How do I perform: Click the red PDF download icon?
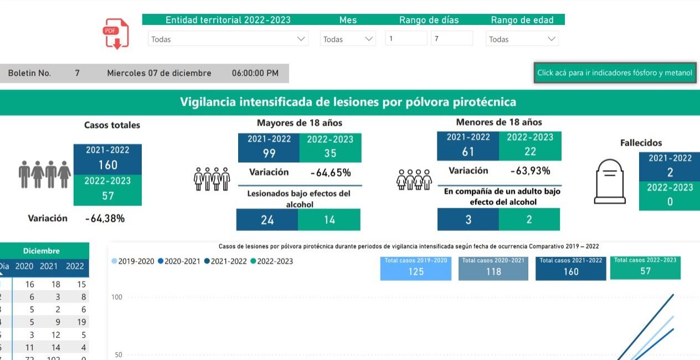click(x=116, y=34)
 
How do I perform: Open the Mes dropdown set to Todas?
click(x=348, y=39)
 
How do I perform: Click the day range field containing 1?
click(x=406, y=39)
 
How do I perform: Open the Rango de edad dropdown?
click(x=522, y=39)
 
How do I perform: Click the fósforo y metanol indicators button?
click(x=615, y=73)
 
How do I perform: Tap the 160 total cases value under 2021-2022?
click(x=107, y=165)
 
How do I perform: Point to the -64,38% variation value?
click(x=105, y=219)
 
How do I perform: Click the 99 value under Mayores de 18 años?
click(x=269, y=153)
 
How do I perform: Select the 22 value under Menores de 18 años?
click(x=530, y=151)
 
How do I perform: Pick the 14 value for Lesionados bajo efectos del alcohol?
click(x=330, y=220)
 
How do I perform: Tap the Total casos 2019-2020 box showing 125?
click(x=416, y=268)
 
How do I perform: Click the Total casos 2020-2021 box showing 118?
click(x=493, y=268)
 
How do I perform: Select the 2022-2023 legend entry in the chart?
click(x=272, y=261)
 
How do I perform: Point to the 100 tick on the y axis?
click(x=116, y=297)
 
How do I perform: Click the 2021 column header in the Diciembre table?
click(x=49, y=266)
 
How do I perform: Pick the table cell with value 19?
click(x=81, y=322)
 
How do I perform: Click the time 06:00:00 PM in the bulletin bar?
click(x=255, y=73)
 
